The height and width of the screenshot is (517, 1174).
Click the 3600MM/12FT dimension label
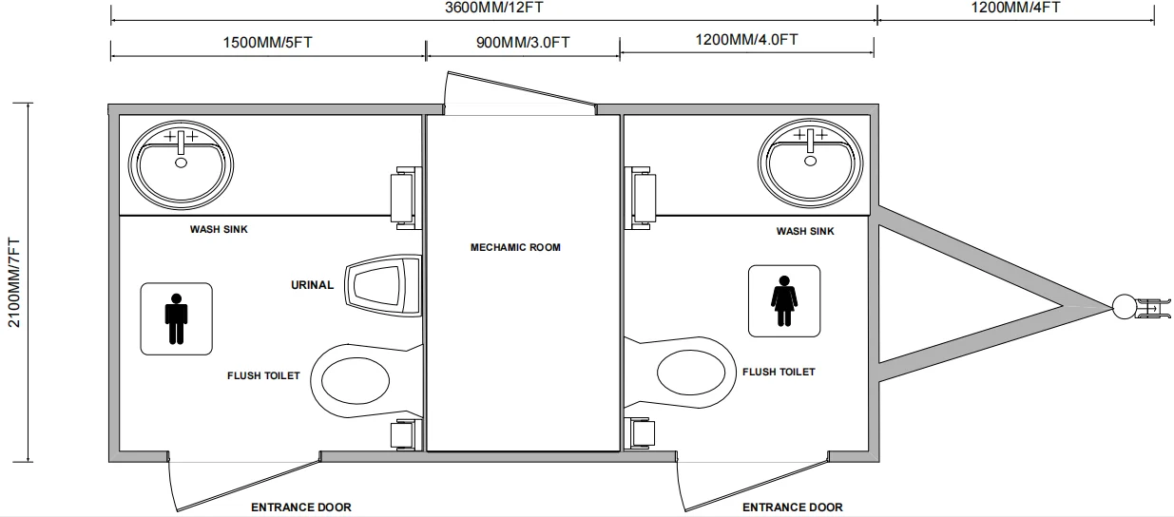click(x=493, y=8)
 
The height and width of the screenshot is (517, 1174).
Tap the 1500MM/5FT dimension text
click(x=267, y=42)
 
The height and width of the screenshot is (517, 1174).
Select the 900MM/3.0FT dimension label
click(x=523, y=42)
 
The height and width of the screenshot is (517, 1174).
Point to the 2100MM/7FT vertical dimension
click(x=13, y=282)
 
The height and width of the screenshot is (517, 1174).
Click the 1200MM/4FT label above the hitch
click(x=1015, y=8)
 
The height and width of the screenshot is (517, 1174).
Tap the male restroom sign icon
click(x=176, y=318)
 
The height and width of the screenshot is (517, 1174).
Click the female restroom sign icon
click(x=784, y=300)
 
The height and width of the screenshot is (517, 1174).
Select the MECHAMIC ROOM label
click(x=515, y=247)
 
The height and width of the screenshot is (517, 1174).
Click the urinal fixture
click(x=383, y=285)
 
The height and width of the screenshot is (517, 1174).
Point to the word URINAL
click(x=313, y=285)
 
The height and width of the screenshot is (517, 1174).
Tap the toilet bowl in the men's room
click(x=356, y=381)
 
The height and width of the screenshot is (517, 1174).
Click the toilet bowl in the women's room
click(x=691, y=373)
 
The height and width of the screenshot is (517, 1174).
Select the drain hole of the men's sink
click(x=181, y=163)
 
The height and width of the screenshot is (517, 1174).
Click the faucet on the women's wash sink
click(x=810, y=140)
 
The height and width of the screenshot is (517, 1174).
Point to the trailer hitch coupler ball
click(x=1125, y=306)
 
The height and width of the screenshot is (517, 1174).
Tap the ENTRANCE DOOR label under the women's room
click(x=793, y=507)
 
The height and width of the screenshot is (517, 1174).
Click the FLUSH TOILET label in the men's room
click(x=263, y=375)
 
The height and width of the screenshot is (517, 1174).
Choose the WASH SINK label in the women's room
click(x=805, y=231)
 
